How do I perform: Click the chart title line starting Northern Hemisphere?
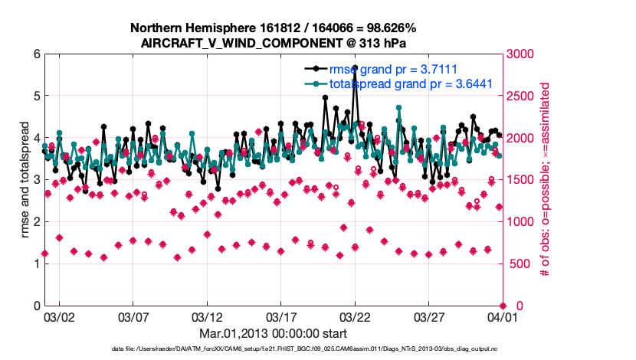point(274,28)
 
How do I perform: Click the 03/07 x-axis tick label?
point(133,316)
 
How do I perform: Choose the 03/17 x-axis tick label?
point(280,316)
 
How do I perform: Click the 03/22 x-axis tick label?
point(355,316)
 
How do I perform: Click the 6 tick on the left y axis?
point(35,54)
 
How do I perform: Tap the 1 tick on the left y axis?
point(35,264)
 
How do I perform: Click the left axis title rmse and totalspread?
point(25,180)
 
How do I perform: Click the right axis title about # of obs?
point(546,180)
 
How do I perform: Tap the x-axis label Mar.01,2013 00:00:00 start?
point(274,333)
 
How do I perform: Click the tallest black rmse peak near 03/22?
point(355,67)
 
